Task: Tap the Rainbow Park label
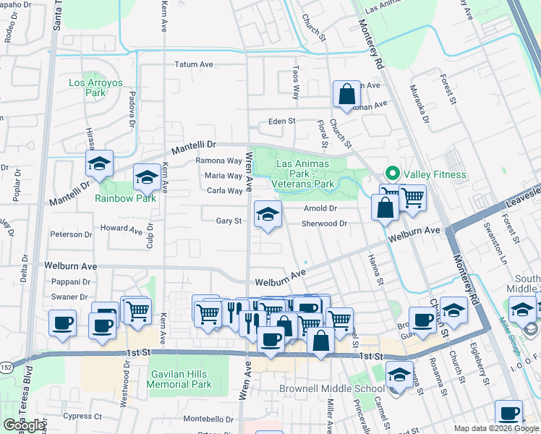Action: coord(125,198)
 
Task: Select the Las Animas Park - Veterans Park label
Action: coord(305,174)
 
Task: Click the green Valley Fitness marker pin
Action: coord(391,173)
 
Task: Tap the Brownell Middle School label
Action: coord(332,388)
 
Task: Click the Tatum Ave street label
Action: coord(194,64)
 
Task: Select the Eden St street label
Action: coord(282,122)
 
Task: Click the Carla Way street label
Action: coord(224,191)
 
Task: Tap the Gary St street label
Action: coord(229,221)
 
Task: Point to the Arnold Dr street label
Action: coord(320,208)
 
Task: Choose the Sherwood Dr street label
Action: coord(325,224)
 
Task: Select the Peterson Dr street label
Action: coord(70,234)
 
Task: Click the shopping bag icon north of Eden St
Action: coord(346,94)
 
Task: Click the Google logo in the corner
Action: coord(24,425)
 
